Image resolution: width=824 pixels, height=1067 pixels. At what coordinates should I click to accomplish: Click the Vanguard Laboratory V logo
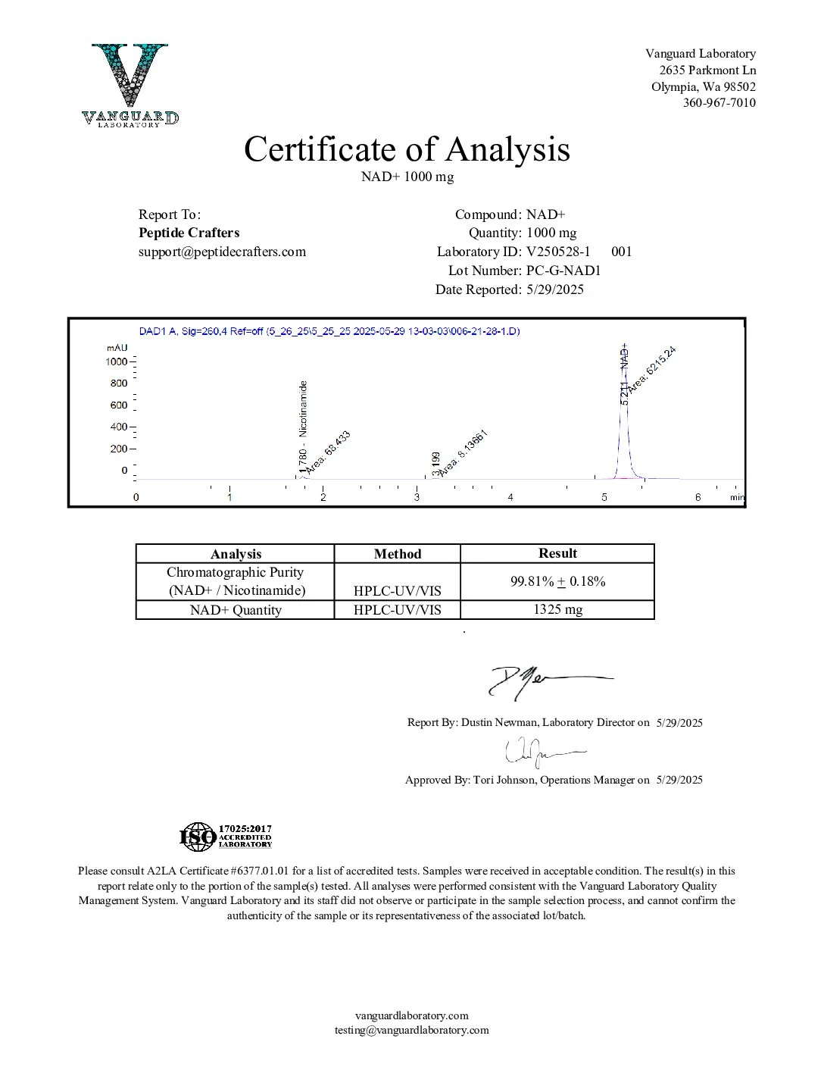pos(130,84)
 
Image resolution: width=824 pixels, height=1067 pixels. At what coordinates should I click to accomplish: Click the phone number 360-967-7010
pos(719,103)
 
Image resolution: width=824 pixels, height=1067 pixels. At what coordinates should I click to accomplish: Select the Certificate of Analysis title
pos(407,149)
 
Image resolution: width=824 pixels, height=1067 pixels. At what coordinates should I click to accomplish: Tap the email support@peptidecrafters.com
pos(222,252)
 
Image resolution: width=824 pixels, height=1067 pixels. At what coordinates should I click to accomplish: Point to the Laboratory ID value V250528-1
pos(558,252)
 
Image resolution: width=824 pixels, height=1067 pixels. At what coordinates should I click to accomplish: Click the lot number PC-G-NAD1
pos(563,271)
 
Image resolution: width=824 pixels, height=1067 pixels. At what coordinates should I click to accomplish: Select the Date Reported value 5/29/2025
pos(555,289)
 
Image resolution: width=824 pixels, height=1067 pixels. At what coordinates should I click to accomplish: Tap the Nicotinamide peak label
pos(304,409)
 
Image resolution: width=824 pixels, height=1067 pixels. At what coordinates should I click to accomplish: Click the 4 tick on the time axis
pos(510,497)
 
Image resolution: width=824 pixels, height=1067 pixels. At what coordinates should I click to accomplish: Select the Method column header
pos(397,554)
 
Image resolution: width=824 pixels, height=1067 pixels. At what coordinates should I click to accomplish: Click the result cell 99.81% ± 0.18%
pos(557,582)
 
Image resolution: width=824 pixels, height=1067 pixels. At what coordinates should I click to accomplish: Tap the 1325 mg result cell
pos(557,610)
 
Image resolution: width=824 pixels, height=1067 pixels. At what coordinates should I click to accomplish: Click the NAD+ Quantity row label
pos(236,610)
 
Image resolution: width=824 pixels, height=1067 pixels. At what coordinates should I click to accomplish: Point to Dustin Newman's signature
pos(545,681)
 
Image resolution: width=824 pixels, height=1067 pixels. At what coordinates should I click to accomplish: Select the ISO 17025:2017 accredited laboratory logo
pos(226,837)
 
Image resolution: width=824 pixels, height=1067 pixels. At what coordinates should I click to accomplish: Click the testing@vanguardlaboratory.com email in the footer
pos(412,1030)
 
